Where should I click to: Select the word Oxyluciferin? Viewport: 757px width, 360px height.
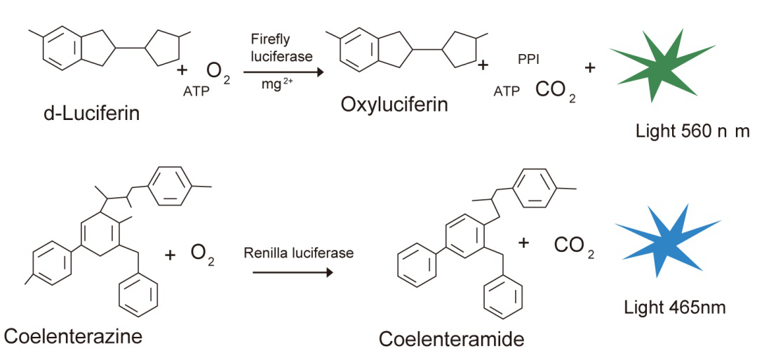[x=394, y=105]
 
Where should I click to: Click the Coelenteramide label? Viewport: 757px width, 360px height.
[x=452, y=340]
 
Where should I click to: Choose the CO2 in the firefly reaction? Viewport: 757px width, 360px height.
[x=555, y=91]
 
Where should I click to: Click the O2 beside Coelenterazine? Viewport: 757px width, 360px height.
[x=203, y=254]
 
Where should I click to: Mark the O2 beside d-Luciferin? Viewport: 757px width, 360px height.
[x=217, y=72]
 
